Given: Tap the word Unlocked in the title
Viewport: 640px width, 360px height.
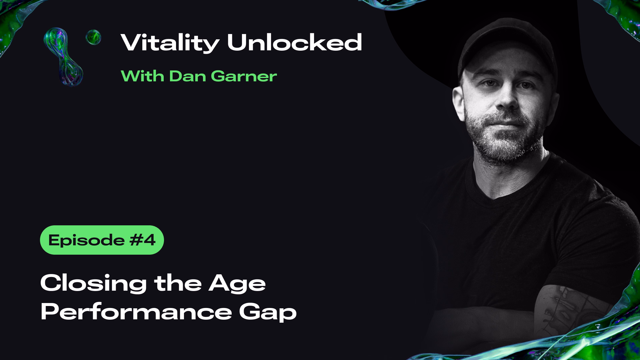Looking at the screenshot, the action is [294, 42].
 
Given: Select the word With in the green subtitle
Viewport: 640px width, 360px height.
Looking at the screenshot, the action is [142, 76].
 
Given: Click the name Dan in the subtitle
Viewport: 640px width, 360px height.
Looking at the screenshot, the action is [187, 76].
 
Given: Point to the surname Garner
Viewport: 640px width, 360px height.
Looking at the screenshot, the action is [244, 76].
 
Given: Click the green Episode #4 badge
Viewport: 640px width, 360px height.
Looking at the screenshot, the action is [102, 240].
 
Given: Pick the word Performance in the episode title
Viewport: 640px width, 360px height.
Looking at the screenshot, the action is [136, 312].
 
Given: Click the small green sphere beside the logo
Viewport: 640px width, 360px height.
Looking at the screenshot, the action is [93, 37].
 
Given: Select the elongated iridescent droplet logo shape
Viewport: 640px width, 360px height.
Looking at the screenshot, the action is [63, 57].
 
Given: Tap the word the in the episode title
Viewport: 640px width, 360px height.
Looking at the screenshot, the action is [178, 283].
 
